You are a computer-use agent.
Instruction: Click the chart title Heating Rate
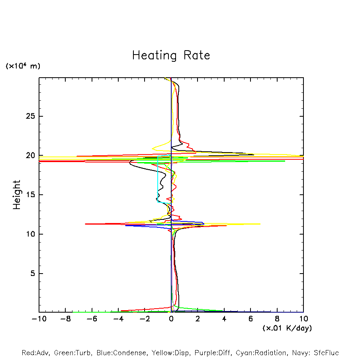point(171,55)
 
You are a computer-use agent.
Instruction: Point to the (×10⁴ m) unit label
point(23,66)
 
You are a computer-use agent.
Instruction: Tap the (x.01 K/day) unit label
point(287,328)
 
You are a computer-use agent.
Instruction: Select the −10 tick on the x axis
point(39,319)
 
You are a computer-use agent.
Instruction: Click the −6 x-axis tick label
point(92,319)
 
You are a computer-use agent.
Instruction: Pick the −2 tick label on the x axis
point(145,319)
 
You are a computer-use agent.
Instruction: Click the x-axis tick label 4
point(224,319)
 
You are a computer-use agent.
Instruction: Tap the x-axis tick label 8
point(277,319)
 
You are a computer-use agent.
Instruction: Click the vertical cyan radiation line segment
point(158,179)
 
